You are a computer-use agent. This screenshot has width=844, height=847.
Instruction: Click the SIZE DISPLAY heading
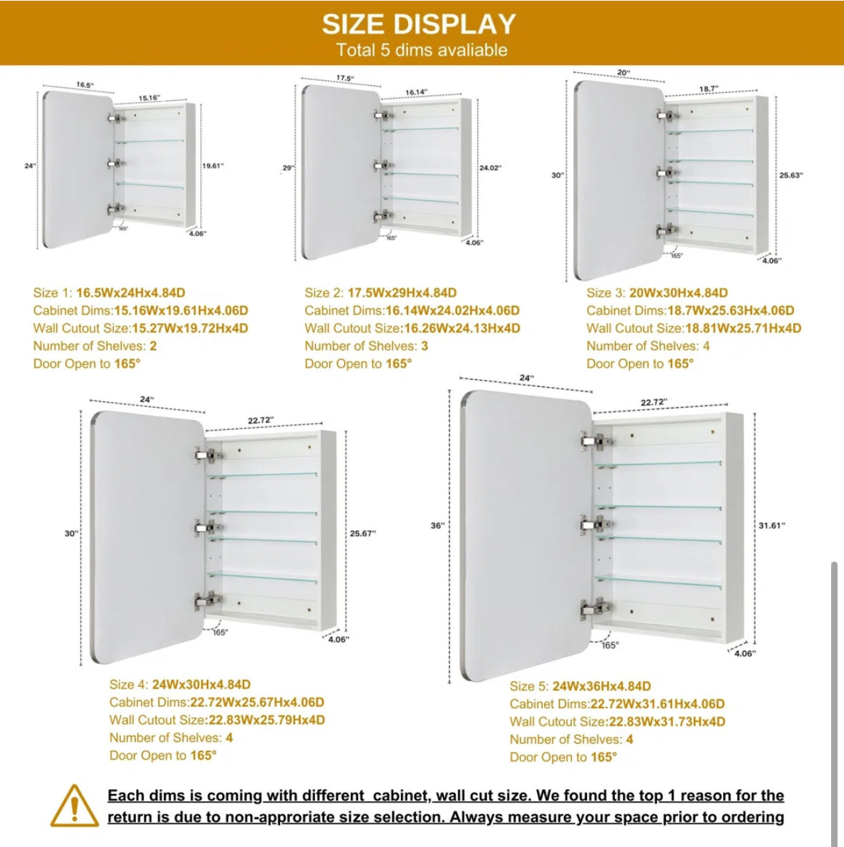419,24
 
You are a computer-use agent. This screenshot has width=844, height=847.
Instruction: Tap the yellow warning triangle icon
74,806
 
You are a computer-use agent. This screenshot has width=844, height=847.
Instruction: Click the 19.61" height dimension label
213,166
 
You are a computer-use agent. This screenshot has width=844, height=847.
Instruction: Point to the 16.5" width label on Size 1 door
85,85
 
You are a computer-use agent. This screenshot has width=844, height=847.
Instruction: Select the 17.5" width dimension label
344,78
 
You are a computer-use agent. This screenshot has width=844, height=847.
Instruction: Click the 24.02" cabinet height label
490,168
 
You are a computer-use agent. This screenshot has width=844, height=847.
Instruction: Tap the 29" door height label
288,168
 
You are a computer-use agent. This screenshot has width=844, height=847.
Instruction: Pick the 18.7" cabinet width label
709,89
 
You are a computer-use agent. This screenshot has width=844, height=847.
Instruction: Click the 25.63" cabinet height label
791,175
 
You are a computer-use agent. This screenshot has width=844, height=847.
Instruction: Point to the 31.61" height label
772,526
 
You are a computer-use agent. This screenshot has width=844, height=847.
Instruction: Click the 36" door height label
437,526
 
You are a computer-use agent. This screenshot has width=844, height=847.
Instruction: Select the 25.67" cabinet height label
363,534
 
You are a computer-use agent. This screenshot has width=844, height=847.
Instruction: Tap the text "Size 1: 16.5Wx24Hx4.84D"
109,293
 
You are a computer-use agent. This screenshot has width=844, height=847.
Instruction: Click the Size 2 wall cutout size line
412,328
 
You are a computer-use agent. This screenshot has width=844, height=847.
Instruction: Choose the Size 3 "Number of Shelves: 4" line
648,346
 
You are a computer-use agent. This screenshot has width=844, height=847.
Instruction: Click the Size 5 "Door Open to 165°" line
563,757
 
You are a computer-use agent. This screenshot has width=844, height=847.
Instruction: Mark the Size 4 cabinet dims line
217,702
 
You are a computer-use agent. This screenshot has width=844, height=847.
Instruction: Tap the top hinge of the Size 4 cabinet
206,455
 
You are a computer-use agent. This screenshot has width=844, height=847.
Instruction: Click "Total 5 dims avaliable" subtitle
422,50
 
